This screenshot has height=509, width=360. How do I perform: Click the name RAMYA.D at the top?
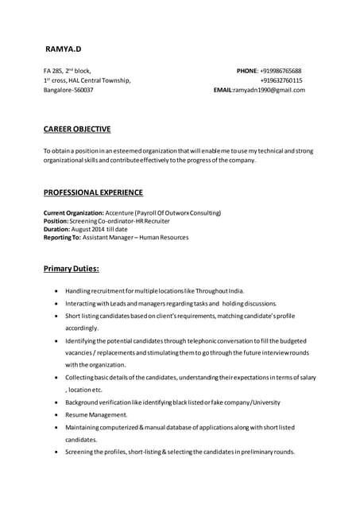click(x=64, y=49)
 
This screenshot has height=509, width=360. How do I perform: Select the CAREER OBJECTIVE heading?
click(x=77, y=129)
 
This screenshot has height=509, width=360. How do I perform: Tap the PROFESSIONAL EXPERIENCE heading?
click(x=93, y=192)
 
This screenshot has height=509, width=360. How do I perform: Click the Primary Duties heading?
click(x=71, y=270)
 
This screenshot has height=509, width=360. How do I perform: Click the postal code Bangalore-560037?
click(x=68, y=91)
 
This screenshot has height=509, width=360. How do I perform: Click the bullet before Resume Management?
click(x=55, y=415)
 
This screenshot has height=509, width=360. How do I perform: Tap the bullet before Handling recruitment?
click(x=55, y=291)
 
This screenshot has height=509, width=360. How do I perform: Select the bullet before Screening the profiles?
click(x=55, y=452)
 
